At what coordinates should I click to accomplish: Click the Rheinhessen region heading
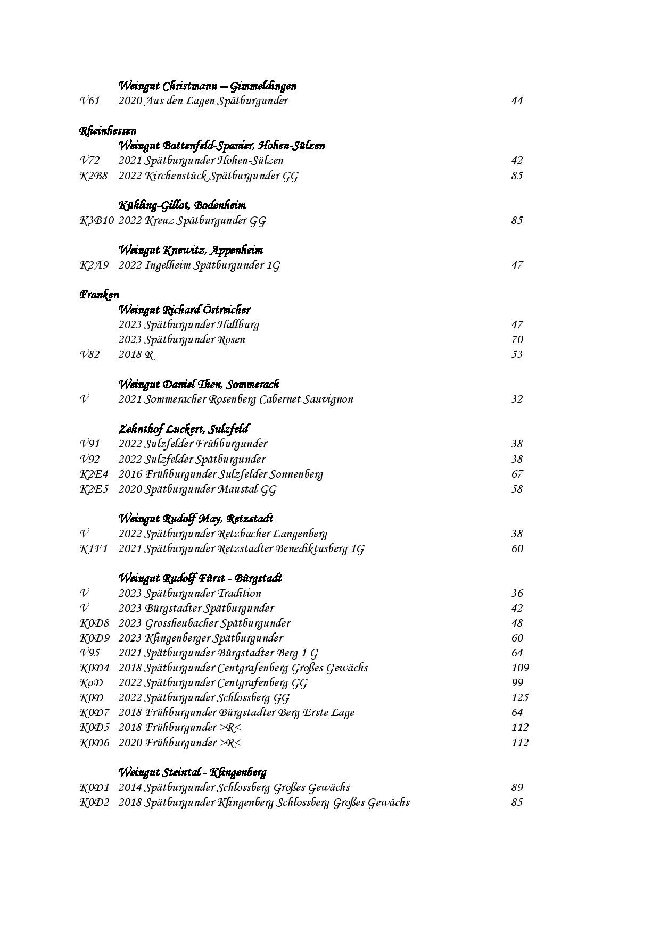click(x=108, y=131)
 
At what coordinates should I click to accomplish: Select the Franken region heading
click(x=100, y=295)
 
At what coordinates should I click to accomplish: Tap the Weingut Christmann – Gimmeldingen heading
click(x=207, y=86)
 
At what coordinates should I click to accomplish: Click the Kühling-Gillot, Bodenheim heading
click(x=182, y=205)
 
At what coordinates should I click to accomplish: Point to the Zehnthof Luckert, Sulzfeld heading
click(x=184, y=429)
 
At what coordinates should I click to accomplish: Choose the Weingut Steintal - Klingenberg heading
click(x=192, y=772)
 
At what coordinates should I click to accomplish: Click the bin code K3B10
click(x=96, y=221)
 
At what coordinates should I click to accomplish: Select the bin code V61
click(x=89, y=101)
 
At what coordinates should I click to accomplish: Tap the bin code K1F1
click(x=93, y=549)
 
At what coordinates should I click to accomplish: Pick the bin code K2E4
click(x=94, y=474)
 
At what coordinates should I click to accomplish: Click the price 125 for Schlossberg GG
click(x=520, y=698)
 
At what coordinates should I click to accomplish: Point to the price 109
click(x=520, y=668)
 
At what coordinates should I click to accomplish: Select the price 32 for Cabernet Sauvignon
click(x=517, y=399)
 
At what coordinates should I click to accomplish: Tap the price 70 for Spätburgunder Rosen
click(x=517, y=340)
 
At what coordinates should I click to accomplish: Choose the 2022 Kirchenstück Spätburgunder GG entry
click(x=208, y=176)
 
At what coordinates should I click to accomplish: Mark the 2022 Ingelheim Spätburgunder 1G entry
click(x=199, y=265)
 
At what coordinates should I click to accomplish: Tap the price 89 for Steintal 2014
click(x=517, y=788)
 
